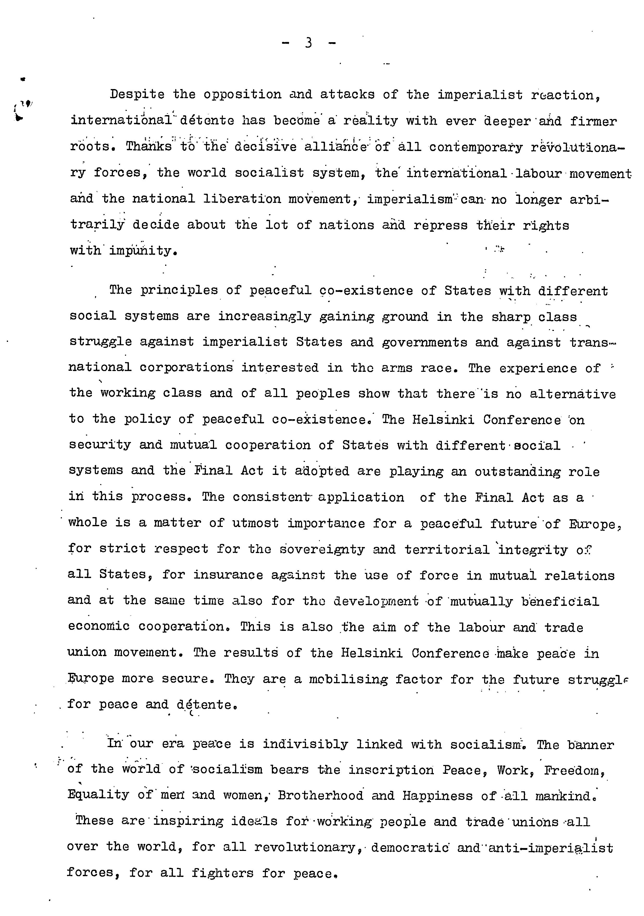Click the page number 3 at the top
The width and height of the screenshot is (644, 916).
click(308, 42)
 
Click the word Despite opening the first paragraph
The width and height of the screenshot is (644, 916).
click(137, 95)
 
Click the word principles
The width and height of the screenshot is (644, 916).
click(179, 290)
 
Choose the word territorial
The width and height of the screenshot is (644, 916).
click(447, 549)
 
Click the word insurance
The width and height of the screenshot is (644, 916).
click(228, 575)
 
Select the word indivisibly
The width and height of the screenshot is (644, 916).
click(305, 744)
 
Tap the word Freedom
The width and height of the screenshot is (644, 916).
click(574, 770)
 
